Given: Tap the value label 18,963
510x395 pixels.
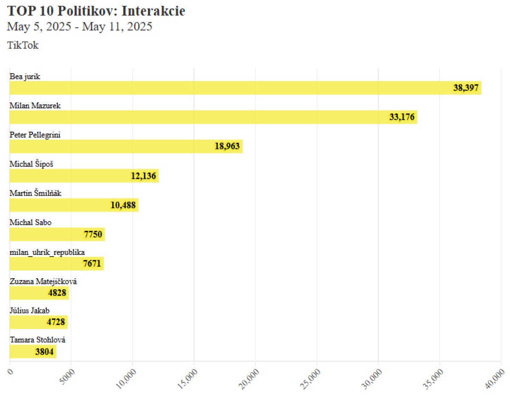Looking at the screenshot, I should click(227, 147).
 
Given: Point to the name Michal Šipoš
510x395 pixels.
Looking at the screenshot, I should click(31, 164).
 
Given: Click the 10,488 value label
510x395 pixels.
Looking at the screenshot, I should click(123, 205).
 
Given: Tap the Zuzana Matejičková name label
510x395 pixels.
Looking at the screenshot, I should click(43, 282).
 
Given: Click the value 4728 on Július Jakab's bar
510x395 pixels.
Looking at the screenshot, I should click(56, 322).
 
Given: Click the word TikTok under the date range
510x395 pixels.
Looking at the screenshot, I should click(23, 45).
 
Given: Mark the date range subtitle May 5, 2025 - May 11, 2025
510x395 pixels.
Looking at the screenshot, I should click(80, 27).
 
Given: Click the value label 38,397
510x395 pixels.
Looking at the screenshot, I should click(466, 88).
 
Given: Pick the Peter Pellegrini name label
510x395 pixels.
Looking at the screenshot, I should click(35, 135).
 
